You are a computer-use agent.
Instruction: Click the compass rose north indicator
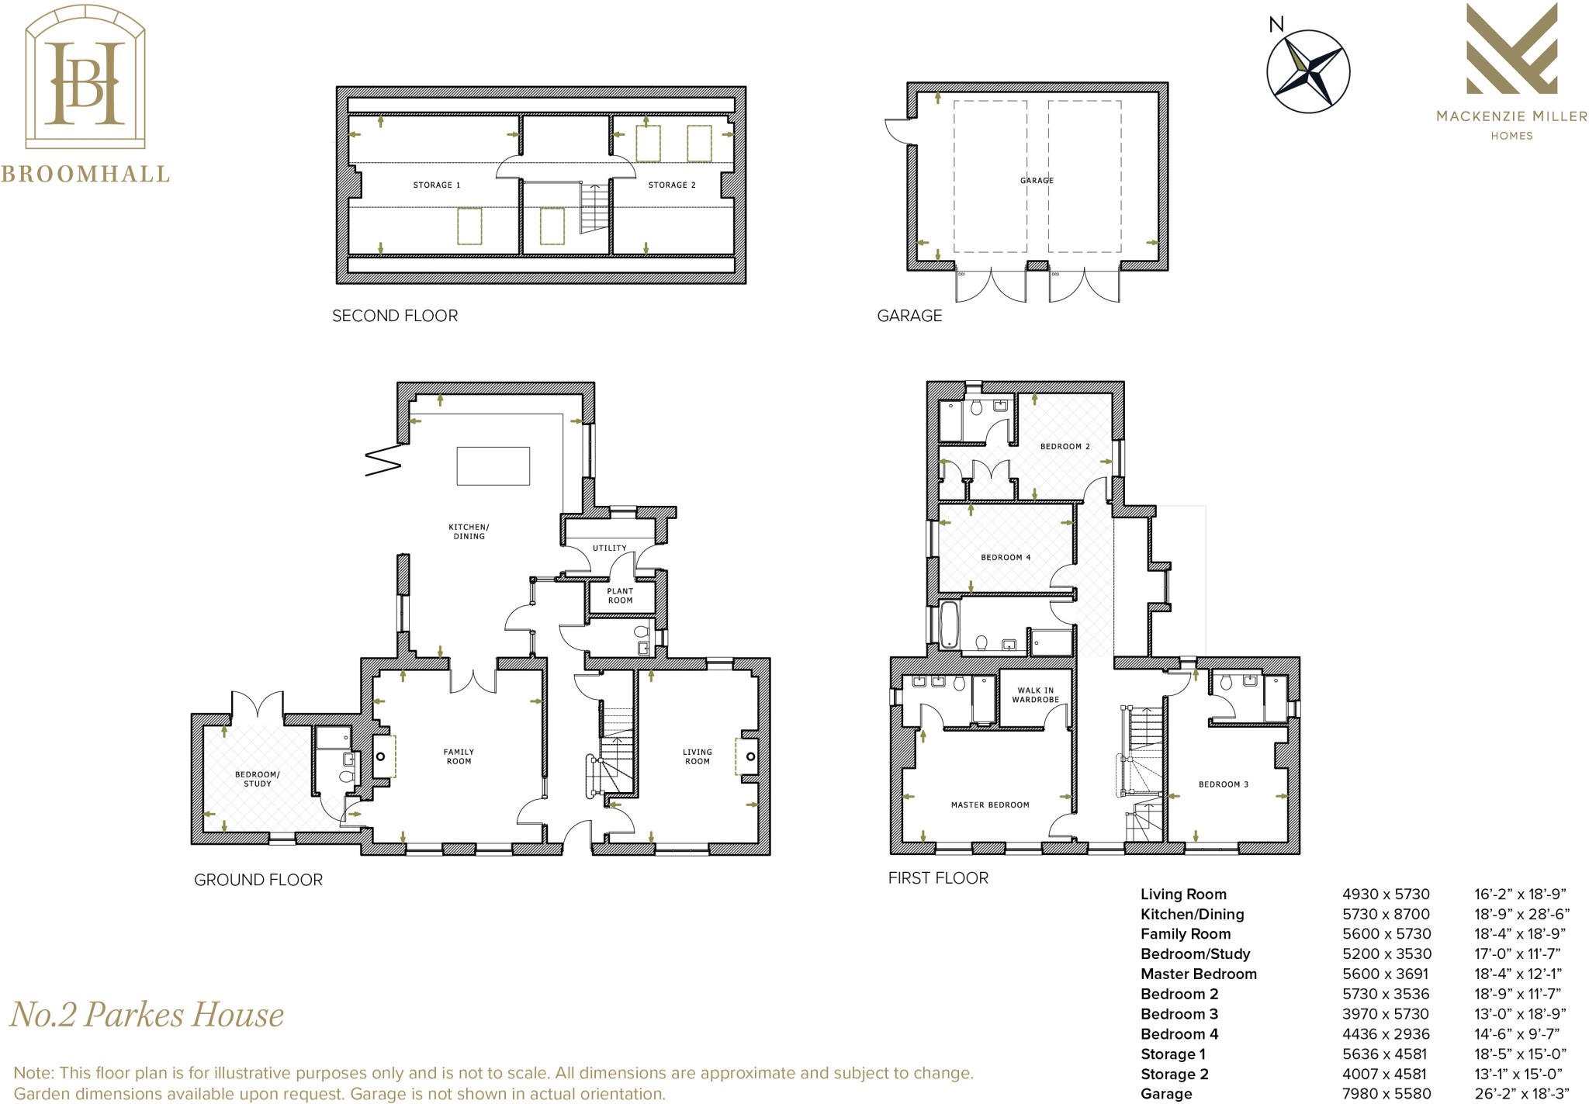(1276, 25)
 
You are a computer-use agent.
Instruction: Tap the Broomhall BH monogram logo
(85, 83)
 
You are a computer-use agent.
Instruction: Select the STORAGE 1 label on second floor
(436, 185)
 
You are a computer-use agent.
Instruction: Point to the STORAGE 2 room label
(671, 185)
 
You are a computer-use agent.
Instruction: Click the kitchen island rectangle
(493, 465)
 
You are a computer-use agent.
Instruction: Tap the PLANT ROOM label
(620, 596)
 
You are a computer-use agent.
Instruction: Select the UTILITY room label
(609, 548)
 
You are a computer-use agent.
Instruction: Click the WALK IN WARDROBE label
(1035, 694)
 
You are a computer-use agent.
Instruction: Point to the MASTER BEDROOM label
(990, 805)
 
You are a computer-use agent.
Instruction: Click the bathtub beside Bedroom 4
(948, 625)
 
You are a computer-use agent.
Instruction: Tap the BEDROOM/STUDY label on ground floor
(257, 779)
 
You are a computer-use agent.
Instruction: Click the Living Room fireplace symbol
(749, 756)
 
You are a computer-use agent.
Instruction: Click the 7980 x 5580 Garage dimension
(1386, 1093)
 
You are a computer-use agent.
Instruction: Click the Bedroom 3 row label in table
(1179, 1014)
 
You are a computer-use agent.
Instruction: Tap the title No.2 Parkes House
(147, 1014)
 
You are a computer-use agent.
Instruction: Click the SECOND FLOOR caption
(394, 316)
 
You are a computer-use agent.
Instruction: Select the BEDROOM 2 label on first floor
(1065, 446)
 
